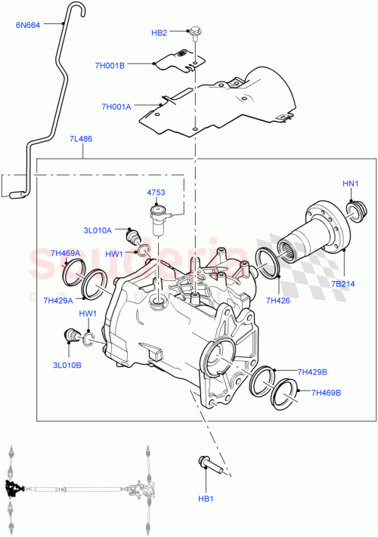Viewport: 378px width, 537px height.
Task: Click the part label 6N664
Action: tap(29, 24)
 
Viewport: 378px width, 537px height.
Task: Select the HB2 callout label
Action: tap(159, 32)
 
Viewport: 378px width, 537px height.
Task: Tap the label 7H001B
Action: tap(136, 65)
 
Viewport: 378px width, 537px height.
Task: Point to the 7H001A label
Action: tap(116, 106)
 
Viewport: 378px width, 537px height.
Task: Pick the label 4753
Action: tap(156, 193)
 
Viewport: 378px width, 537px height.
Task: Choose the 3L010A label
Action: tap(98, 230)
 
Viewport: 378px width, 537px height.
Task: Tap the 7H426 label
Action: tap(278, 300)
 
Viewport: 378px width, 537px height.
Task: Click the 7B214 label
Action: tap(342, 285)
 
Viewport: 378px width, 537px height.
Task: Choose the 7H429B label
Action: tap(312, 372)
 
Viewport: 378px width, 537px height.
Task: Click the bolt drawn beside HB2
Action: tap(195, 33)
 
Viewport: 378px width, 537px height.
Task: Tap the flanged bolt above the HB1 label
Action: tap(209, 464)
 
